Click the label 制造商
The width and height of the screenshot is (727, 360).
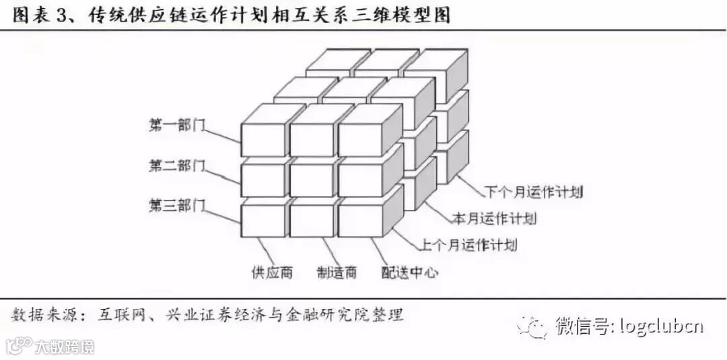(x=337, y=273)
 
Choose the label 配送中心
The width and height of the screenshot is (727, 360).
(x=410, y=273)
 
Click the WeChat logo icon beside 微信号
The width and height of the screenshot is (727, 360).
(x=533, y=328)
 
